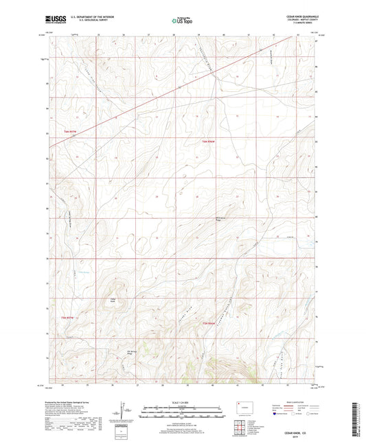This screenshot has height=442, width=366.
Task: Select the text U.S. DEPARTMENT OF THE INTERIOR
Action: [x=89, y=19]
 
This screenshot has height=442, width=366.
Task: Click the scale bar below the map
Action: [x=182, y=413]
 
